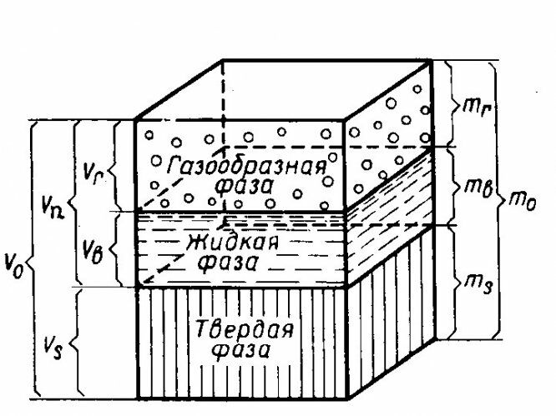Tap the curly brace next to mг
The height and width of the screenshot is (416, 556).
tap(450, 104)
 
